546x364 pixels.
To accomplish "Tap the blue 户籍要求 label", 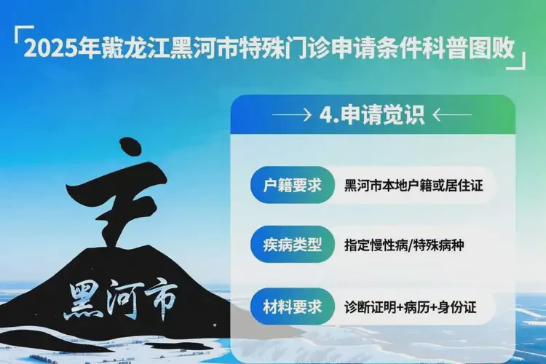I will [292, 185].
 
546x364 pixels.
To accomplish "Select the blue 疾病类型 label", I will [292, 245].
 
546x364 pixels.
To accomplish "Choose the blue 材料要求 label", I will [292, 306].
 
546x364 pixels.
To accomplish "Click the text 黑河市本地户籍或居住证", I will [413, 186].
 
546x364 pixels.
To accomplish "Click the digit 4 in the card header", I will [325, 115].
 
